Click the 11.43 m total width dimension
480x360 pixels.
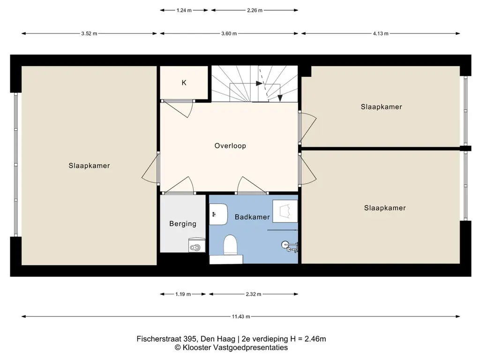pyautogui.click(x=241, y=316)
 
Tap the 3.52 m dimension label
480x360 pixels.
pyautogui.click(x=89, y=34)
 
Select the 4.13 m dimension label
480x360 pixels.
pyautogui.click(x=381, y=34)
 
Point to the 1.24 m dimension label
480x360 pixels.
pyautogui.click(x=184, y=10)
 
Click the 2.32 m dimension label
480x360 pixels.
pyautogui.click(x=254, y=294)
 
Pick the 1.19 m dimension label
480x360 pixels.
pyautogui.click(x=183, y=294)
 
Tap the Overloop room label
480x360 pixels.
pyautogui.click(x=230, y=146)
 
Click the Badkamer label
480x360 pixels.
pyautogui.click(x=252, y=217)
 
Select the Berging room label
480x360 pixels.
pyautogui.click(x=183, y=224)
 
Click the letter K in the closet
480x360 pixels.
pyautogui.click(x=184, y=82)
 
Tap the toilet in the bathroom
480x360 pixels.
pyautogui.click(x=230, y=245)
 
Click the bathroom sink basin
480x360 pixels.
pyautogui.click(x=218, y=214)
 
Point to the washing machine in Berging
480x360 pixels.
pyautogui.click(x=196, y=245)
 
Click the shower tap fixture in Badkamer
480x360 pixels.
pyautogui.click(x=290, y=246)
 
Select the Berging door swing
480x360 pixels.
pyautogui.click(x=179, y=186)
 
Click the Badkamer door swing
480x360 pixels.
pyautogui.click(x=252, y=186)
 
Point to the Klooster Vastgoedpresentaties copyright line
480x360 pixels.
pyautogui.click(x=231, y=348)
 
